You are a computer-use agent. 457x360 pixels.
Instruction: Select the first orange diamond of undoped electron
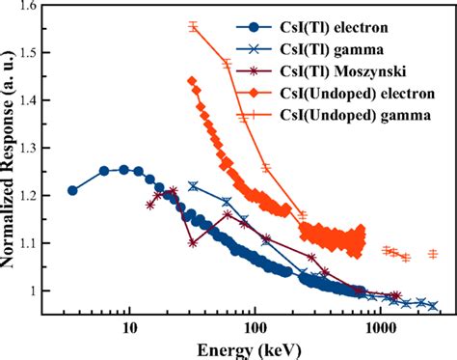[x=192, y=81]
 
